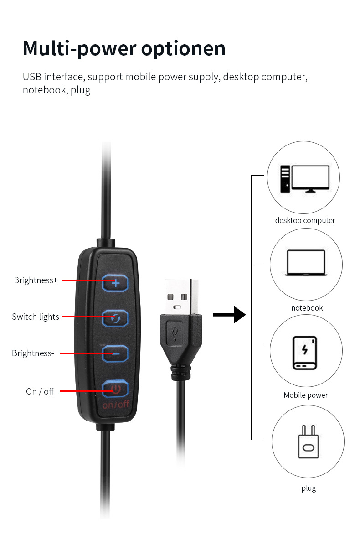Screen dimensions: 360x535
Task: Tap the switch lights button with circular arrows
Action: click(115, 318)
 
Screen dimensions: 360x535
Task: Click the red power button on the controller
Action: click(115, 389)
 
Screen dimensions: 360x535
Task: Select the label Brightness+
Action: click(36, 280)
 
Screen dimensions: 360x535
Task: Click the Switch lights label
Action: click(36, 317)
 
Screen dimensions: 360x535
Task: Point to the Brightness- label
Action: click(33, 353)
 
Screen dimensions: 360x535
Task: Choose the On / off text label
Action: click(40, 391)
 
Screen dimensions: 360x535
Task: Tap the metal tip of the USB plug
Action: click(181, 296)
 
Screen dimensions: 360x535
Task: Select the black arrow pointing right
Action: click(229, 314)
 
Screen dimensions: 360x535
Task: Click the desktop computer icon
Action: click(304, 179)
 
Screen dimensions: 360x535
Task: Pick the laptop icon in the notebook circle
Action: click(305, 263)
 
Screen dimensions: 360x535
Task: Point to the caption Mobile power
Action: click(306, 395)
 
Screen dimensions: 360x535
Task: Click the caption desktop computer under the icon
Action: click(305, 220)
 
